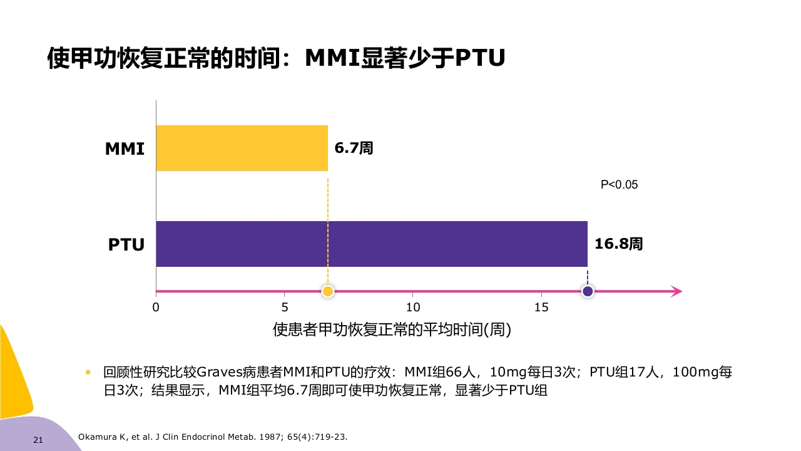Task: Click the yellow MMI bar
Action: click(x=242, y=148)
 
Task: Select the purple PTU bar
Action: click(x=371, y=244)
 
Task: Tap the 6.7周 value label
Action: click(x=354, y=148)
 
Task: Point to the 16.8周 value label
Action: click(x=618, y=244)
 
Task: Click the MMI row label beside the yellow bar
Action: click(x=125, y=149)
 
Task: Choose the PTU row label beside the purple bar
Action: click(x=126, y=244)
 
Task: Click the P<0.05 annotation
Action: click(x=619, y=185)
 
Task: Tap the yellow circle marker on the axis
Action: click(x=327, y=291)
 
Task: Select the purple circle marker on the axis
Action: click(x=588, y=291)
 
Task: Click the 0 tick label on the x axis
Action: click(x=156, y=308)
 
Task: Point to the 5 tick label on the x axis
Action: click(x=285, y=308)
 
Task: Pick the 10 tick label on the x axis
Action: click(x=413, y=308)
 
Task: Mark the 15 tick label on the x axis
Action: click(x=541, y=308)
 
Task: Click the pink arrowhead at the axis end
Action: click(x=676, y=291)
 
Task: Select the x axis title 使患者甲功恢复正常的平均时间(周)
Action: click(x=392, y=329)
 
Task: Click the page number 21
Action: click(x=38, y=440)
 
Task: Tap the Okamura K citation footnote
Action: click(x=212, y=437)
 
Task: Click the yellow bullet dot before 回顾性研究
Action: click(x=88, y=372)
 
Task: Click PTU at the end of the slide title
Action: click(x=479, y=58)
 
